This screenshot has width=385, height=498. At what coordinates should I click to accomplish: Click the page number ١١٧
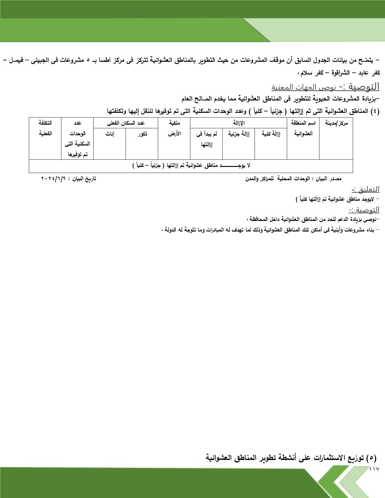click(374, 469)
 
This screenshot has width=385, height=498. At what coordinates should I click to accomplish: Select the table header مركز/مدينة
click(336, 123)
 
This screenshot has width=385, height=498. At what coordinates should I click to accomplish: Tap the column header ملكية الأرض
click(174, 128)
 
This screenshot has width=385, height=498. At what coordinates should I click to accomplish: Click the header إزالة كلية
click(271, 134)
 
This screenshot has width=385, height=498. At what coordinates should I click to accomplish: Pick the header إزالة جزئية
click(239, 134)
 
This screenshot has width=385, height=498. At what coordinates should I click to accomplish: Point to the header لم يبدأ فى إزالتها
click(207, 139)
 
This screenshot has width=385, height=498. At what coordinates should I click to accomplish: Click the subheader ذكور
click(142, 134)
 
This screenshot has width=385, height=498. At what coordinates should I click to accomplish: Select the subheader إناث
click(110, 134)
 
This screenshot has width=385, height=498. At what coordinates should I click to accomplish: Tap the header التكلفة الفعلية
click(45, 128)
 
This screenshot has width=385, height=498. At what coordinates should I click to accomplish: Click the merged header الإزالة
click(239, 123)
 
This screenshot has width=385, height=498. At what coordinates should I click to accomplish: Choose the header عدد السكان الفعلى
click(126, 123)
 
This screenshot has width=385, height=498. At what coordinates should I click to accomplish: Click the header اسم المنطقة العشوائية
click(303, 128)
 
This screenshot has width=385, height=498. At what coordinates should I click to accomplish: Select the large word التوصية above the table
click(364, 87)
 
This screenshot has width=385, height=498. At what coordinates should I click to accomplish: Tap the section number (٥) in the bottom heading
click(371, 458)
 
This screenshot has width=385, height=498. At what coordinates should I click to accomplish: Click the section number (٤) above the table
click(374, 111)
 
